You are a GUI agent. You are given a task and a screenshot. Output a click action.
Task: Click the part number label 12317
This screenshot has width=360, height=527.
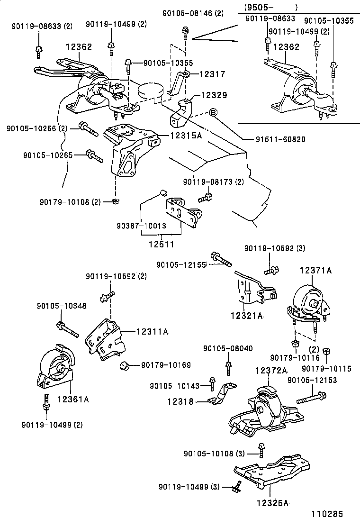click(x=212, y=74)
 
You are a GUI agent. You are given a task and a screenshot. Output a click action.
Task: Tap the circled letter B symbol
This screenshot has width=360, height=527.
click(x=213, y=112)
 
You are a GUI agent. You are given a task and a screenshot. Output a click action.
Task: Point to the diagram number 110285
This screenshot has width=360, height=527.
click(x=327, y=514)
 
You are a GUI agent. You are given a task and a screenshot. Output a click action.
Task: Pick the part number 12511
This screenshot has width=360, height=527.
click(x=161, y=245)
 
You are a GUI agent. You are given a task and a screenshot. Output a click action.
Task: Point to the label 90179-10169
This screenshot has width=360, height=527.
click(x=166, y=365)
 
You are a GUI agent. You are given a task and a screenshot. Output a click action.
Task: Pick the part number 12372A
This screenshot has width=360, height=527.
click(x=272, y=371)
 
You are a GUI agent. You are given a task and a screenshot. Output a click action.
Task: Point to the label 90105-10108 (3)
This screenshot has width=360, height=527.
click(x=214, y=454)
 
